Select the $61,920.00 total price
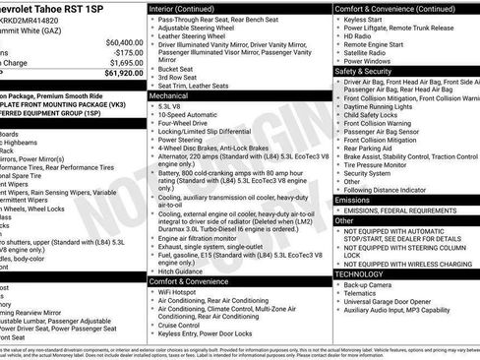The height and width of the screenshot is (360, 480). pos(124,73)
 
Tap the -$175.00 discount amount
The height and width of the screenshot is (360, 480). pos(125,53)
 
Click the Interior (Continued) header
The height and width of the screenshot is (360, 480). pos(189,8)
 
